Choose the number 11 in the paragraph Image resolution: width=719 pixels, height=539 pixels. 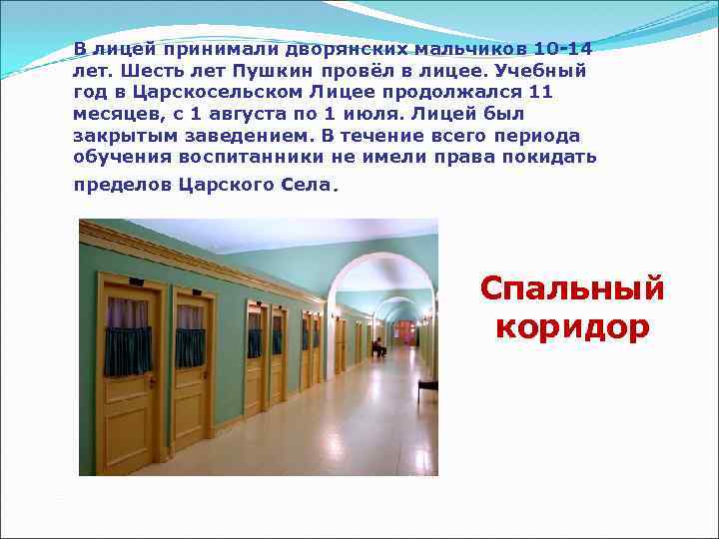click(539, 92)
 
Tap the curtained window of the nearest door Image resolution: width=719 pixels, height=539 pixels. click(128, 337)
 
